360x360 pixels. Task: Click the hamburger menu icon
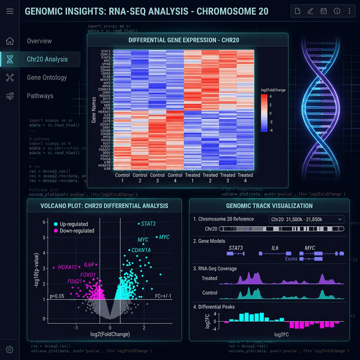click(10, 11)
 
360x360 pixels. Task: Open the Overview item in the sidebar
click(39, 41)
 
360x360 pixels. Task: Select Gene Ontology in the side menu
click(47, 78)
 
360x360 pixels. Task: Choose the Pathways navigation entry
click(40, 96)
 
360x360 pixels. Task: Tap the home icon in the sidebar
click(10, 41)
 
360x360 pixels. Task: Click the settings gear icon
click(10, 349)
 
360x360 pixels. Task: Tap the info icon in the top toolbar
click(336, 11)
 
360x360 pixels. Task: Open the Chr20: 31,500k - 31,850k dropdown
click(307, 219)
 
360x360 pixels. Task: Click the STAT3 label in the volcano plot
click(148, 224)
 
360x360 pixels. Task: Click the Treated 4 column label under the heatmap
click(245, 178)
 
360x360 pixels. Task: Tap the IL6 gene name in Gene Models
click(275, 247)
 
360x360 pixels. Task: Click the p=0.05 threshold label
click(58, 296)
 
